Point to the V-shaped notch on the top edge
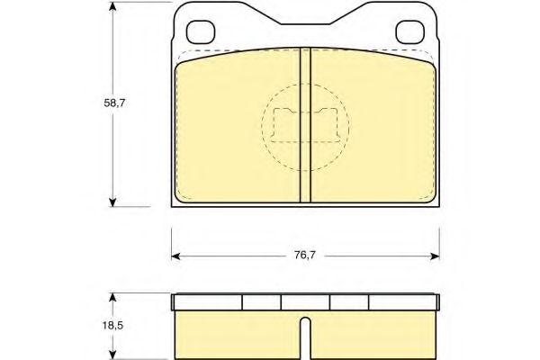[x=305, y=20]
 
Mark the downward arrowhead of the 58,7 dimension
[x=112, y=202]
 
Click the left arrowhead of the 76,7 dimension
[x=176, y=256]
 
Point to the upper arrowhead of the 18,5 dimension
[x=112, y=295]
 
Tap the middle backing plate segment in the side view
[x=305, y=302]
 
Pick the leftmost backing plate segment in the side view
[x=207, y=302]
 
